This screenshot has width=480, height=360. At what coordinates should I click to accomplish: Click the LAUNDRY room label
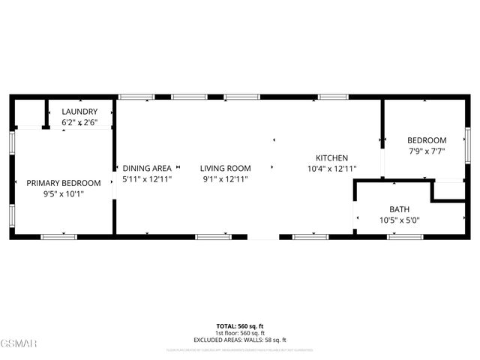79,111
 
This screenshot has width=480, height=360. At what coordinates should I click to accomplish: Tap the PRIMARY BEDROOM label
64,183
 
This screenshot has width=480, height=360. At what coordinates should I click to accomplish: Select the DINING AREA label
147,168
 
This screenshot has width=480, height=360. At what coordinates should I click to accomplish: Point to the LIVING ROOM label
226,168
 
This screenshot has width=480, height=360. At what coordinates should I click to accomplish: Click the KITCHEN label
331,157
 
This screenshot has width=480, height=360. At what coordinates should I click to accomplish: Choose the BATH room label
399,209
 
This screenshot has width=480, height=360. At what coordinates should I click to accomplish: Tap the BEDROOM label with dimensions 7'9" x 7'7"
427,140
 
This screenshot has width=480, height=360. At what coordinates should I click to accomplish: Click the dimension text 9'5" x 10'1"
64,193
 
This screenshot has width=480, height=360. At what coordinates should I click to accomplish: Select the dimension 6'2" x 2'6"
79,121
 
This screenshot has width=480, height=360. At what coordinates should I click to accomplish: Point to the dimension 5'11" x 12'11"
147,179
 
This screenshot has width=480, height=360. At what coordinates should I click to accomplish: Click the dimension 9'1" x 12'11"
226,179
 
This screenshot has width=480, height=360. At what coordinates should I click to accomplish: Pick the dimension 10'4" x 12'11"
331,169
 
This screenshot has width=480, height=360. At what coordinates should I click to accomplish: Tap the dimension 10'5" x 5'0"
399,220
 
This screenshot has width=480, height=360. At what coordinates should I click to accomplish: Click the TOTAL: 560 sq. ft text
240,326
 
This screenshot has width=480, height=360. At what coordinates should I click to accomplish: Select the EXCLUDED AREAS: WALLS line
240,340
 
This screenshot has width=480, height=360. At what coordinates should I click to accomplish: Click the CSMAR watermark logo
19,343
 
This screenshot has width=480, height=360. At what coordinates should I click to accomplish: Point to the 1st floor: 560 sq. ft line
240,333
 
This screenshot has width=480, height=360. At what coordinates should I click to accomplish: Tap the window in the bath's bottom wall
405,237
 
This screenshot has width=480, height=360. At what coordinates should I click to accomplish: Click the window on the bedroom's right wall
467,143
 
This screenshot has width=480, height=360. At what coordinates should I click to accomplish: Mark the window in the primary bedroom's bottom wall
58,237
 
